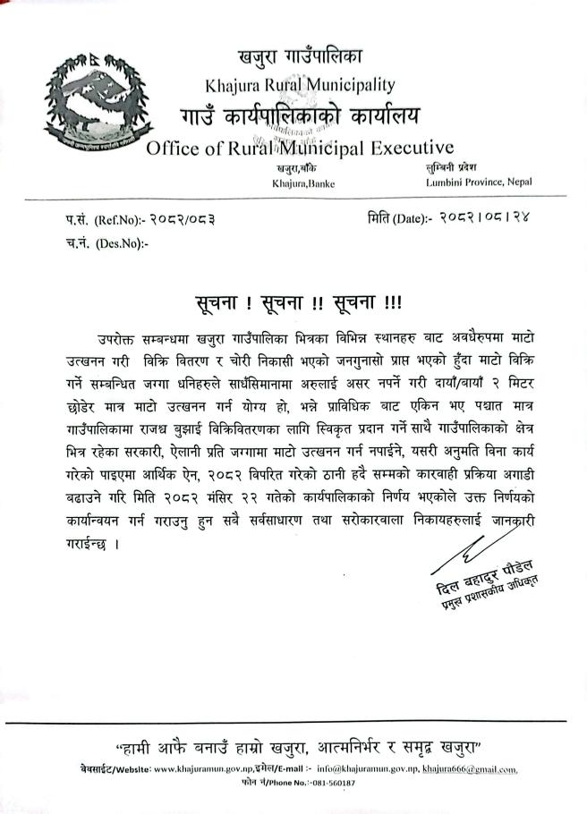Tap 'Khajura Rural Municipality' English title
click(300, 86)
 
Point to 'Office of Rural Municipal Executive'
click(299, 148)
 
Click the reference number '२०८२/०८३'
click(183, 219)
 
